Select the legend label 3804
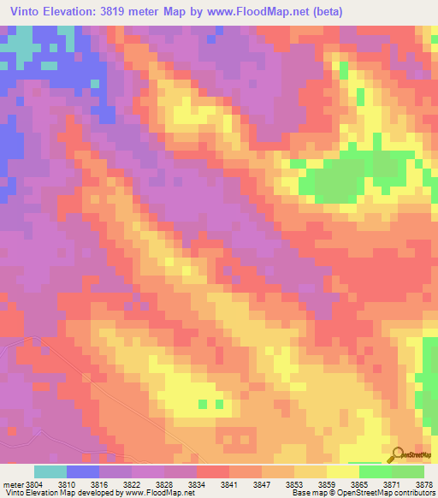(x=33, y=484)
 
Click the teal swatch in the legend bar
(x=50, y=471)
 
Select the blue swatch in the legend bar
(x=83, y=471)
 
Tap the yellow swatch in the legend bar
(x=342, y=471)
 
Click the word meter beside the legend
(x=11, y=484)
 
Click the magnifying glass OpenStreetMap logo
(x=399, y=456)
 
